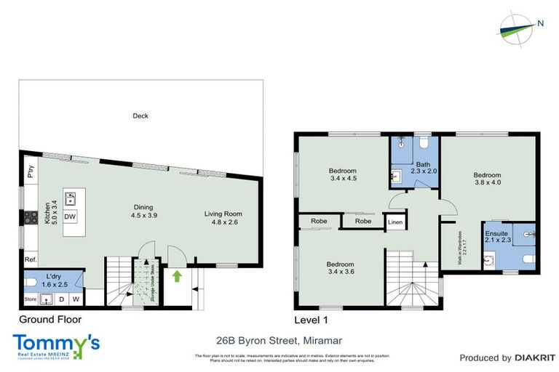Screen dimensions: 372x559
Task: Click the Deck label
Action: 140,116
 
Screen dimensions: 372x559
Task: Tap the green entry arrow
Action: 175,276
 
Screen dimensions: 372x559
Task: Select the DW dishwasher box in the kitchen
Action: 71,217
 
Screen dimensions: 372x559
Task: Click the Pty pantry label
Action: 31,172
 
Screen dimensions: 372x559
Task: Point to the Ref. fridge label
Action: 31,259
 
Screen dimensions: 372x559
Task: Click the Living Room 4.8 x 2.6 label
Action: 223,218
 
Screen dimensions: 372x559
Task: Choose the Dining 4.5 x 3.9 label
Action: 144,211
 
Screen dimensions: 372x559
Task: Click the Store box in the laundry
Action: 30,298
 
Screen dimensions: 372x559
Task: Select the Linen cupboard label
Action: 395,222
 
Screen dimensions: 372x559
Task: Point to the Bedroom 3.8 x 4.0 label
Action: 487,179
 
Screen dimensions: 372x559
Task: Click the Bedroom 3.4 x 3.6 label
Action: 340,268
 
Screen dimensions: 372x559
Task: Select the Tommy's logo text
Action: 55,343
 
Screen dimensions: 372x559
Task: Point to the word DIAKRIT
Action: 534,358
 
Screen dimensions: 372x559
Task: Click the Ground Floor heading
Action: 49,319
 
